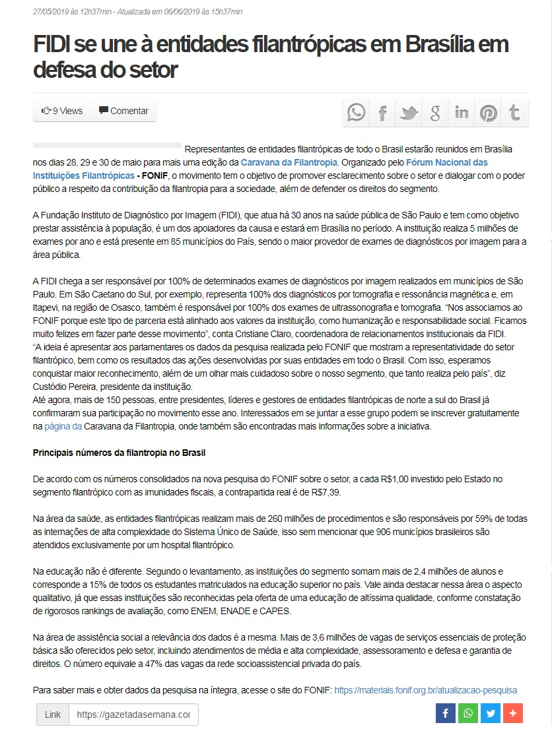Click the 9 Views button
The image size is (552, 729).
coord(62,111)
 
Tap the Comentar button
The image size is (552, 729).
coord(123,111)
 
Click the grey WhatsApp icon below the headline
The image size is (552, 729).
coord(357,113)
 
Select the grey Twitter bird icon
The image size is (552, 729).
coord(409,113)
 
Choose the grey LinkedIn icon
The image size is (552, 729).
coord(462,113)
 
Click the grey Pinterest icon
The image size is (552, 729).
coord(489,113)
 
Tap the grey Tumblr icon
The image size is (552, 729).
coord(515,113)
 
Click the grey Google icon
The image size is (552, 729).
coord(435,113)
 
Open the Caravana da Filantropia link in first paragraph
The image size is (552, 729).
coord(289,162)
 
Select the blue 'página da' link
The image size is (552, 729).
coord(63,427)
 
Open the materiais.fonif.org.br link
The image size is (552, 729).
coord(425,690)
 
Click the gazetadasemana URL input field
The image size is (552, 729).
coord(133,714)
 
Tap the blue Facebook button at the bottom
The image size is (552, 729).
coord(446,713)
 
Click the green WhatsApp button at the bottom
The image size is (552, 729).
coord(468,713)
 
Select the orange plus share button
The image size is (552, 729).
coord(513,713)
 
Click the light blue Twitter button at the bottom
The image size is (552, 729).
coord(491,713)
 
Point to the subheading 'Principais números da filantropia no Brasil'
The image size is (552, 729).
coord(120,453)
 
